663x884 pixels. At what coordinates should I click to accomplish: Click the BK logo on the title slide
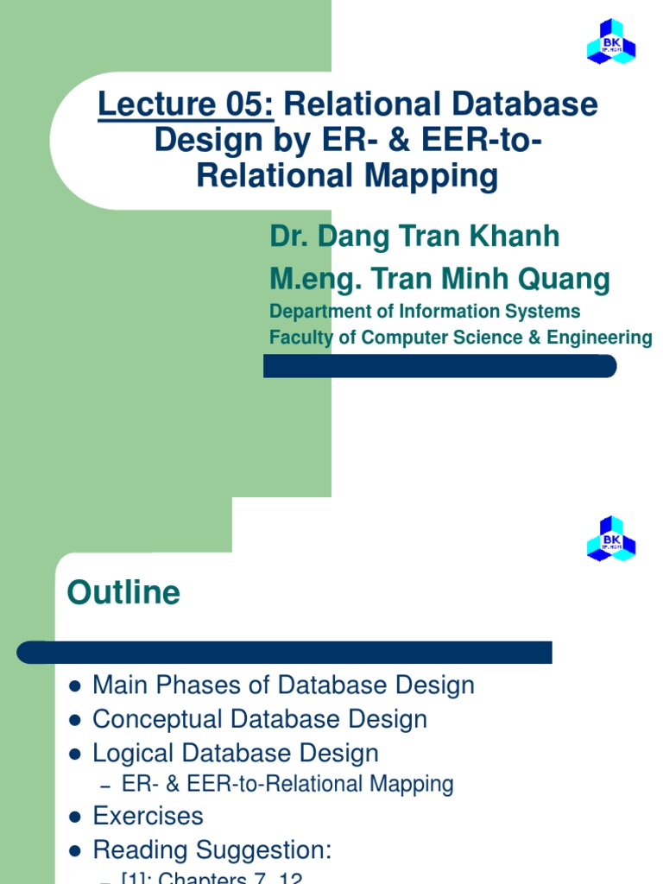611,42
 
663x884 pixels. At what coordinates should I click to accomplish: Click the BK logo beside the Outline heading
611,539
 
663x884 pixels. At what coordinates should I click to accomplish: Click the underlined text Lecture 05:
186,105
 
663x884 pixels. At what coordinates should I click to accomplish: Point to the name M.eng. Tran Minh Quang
439,279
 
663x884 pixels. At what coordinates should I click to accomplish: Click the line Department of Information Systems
425,311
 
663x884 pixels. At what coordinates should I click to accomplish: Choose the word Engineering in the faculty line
605,338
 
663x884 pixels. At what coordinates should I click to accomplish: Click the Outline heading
123,593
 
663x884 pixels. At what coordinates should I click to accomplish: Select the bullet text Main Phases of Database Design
283,685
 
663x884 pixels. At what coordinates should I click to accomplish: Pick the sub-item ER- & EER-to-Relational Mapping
287,784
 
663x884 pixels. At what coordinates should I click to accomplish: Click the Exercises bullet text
148,816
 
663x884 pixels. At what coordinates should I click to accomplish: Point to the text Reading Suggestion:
212,850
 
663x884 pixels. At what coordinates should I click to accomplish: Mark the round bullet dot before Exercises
74,817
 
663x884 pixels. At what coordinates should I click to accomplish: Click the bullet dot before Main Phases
74,686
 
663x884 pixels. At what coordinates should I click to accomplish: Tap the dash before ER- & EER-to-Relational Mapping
106,786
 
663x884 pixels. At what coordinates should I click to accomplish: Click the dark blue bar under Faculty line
439,366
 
